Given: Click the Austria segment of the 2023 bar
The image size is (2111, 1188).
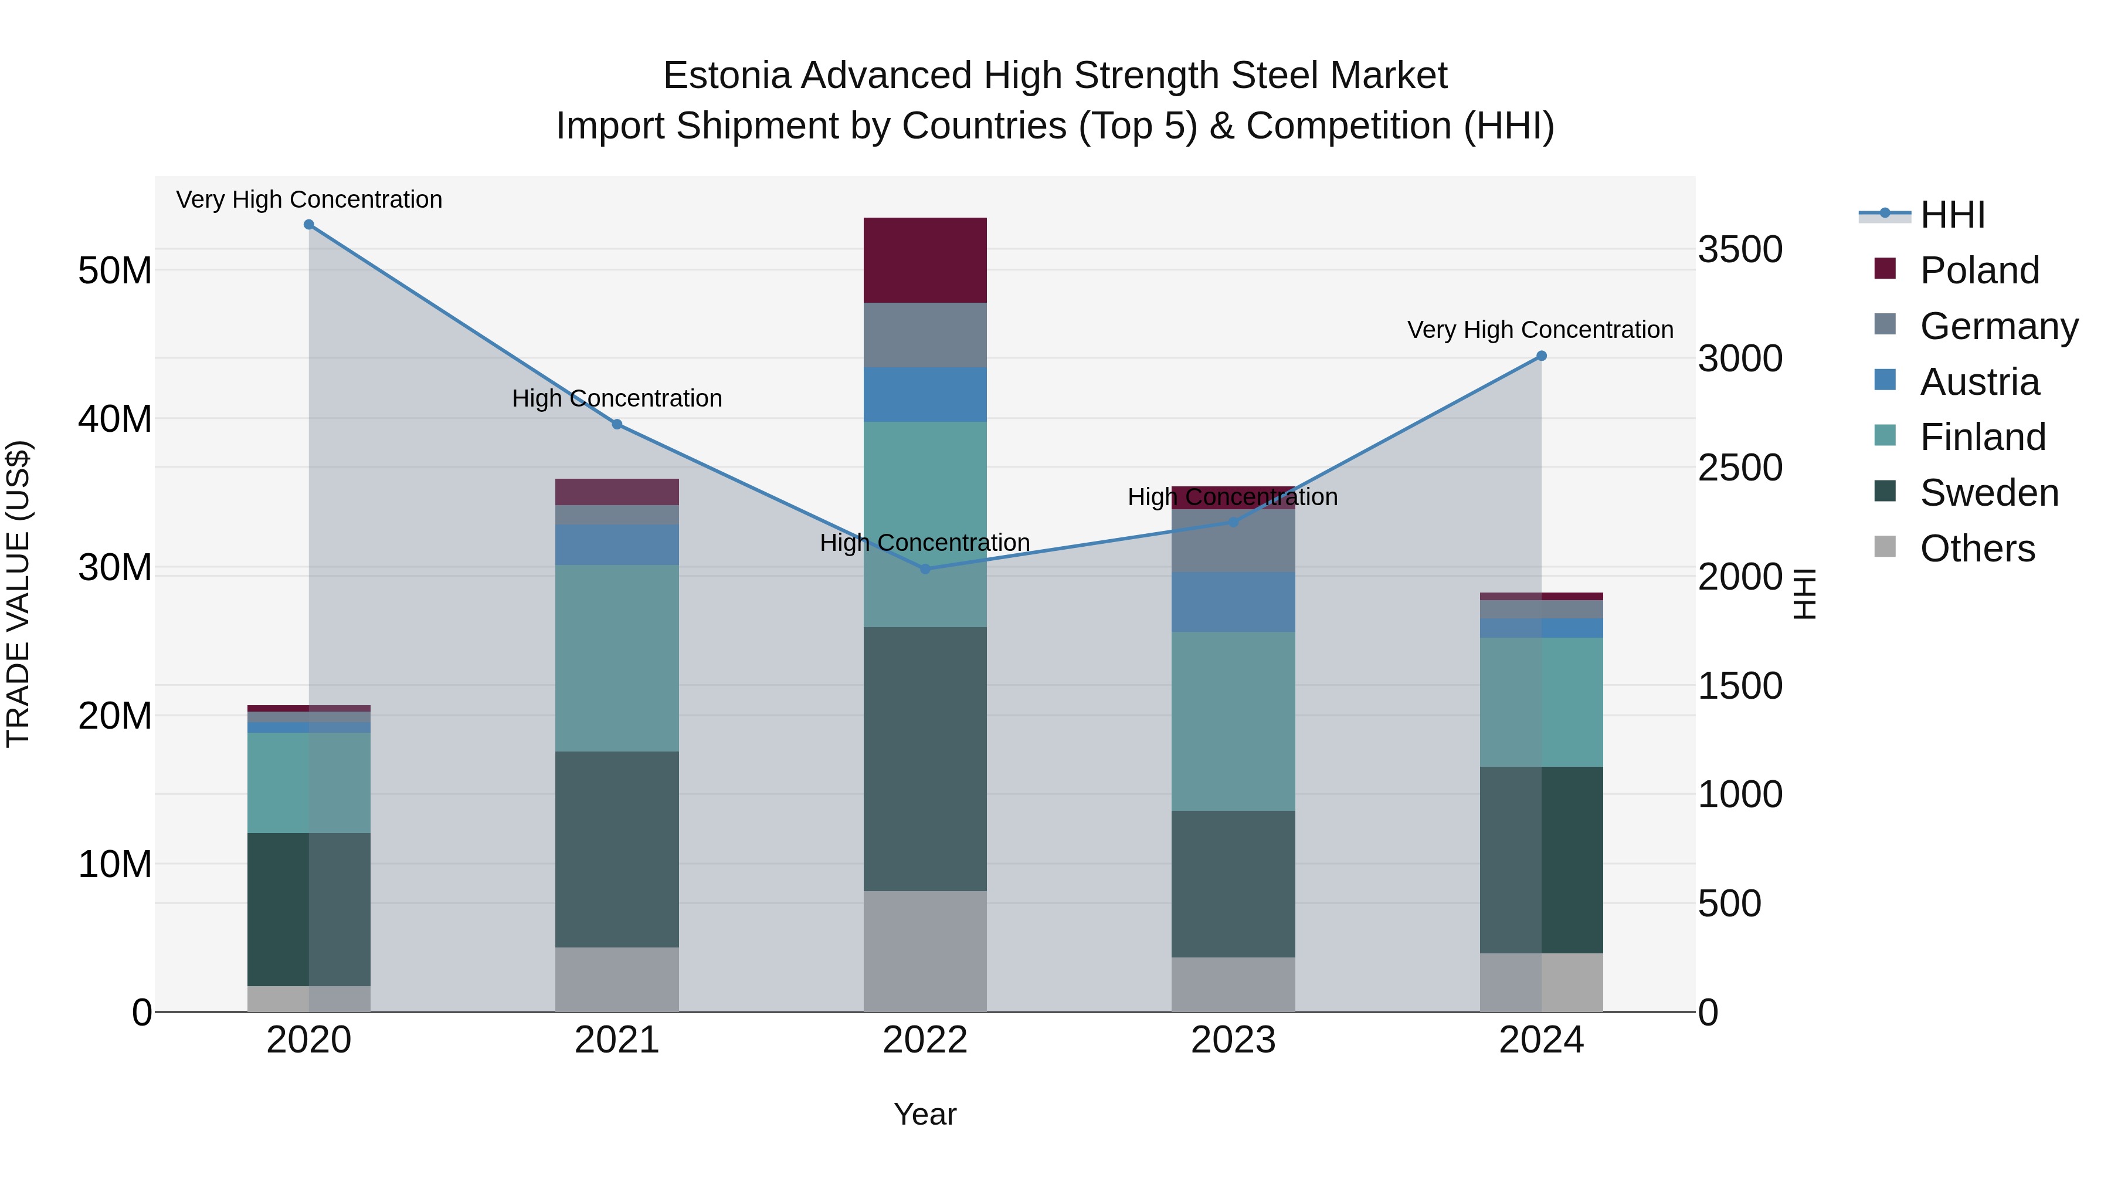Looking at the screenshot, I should pos(1233,602).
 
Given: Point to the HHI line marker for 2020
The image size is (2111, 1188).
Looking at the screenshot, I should pos(309,225).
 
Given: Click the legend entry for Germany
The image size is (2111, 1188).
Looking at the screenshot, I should pos(1998,326).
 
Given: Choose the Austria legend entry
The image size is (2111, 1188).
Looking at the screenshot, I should pos(1978,382).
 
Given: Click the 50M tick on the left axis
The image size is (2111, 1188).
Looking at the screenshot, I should pos(115,270).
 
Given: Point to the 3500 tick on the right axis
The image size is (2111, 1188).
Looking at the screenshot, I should pos(1739,249).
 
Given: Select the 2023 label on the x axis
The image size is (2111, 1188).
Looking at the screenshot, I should pos(1233,1040).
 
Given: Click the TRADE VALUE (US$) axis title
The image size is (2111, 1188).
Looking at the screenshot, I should pos(18,594).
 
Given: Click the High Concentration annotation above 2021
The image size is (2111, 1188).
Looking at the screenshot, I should pos(616,398).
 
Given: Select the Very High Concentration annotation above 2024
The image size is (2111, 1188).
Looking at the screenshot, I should pos(1539,330).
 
